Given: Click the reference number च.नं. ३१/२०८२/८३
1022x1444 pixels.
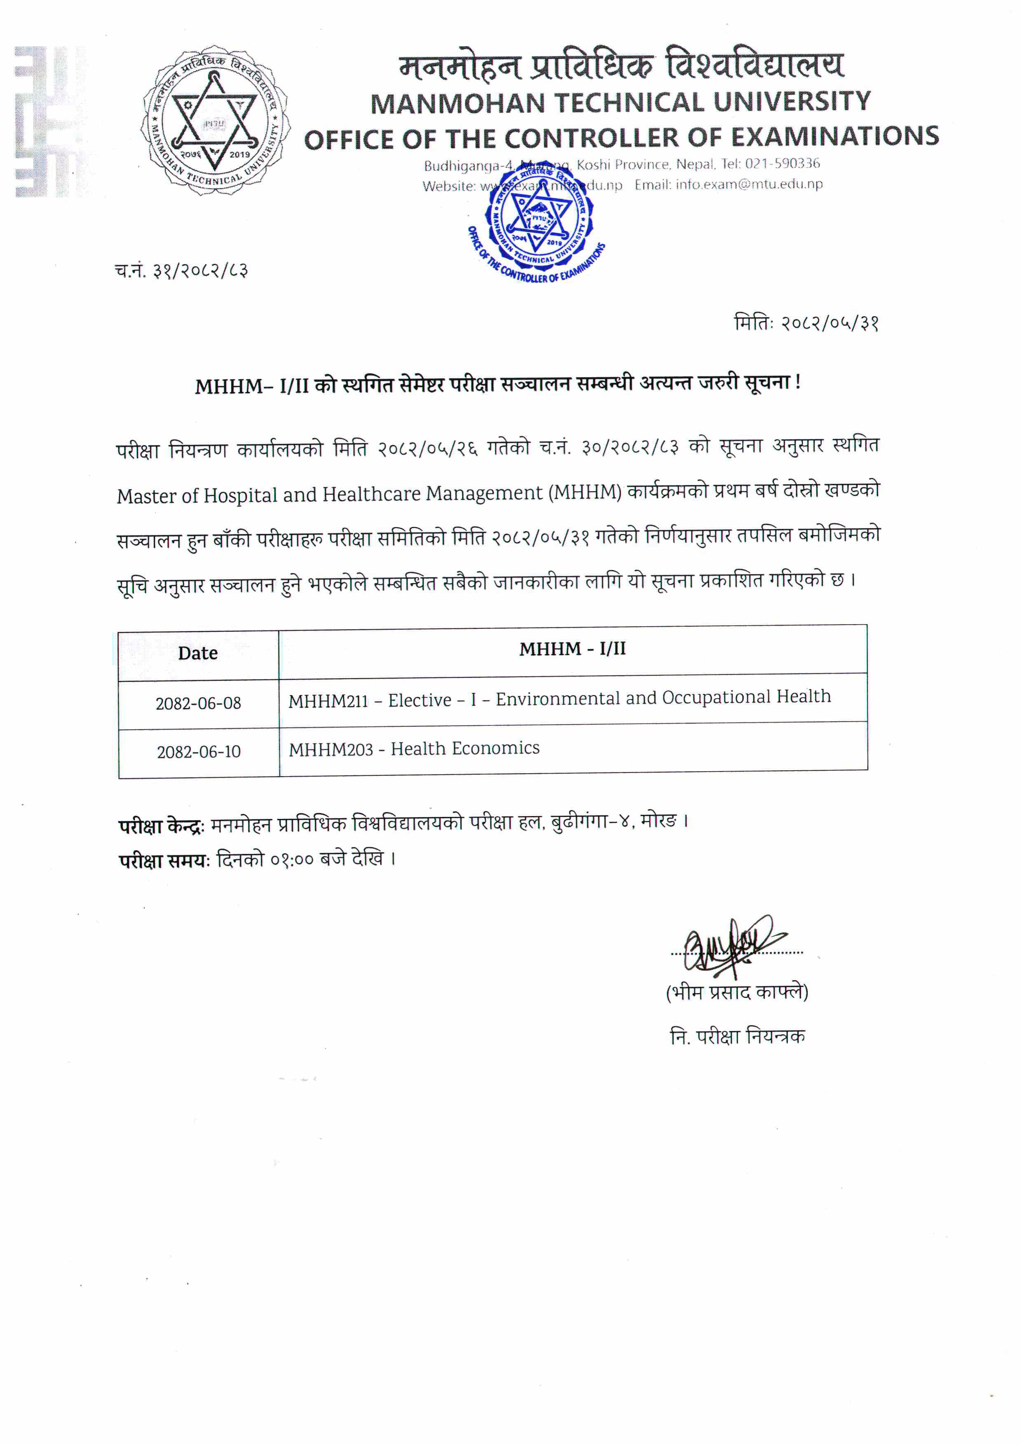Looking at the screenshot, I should click(x=181, y=271).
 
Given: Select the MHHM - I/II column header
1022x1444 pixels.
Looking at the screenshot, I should click(x=572, y=649).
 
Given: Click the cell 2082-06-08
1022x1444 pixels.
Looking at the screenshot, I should click(x=198, y=703).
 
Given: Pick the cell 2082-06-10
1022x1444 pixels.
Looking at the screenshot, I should click(x=199, y=751).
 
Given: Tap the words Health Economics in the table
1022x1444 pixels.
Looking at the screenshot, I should click(x=465, y=749).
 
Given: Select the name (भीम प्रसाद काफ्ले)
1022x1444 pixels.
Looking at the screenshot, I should click(x=737, y=992).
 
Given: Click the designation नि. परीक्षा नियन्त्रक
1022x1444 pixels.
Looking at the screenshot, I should click(x=737, y=1036).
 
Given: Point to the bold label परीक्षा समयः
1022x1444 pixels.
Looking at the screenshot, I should click(x=164, y=861).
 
